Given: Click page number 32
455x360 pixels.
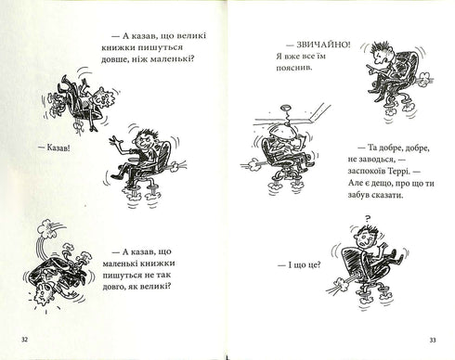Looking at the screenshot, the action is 25,340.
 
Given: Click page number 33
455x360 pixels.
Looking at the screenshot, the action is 433,341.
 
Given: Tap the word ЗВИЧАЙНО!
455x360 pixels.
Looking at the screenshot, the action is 324,45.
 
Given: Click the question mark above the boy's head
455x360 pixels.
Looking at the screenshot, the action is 368,219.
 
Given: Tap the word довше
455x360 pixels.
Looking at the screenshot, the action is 112,58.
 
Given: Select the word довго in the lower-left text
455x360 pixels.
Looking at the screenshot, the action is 112,287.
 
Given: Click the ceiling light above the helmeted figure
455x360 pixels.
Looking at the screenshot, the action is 285,109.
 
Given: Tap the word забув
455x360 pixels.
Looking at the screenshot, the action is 359,196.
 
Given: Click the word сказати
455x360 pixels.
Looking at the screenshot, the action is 388,196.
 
